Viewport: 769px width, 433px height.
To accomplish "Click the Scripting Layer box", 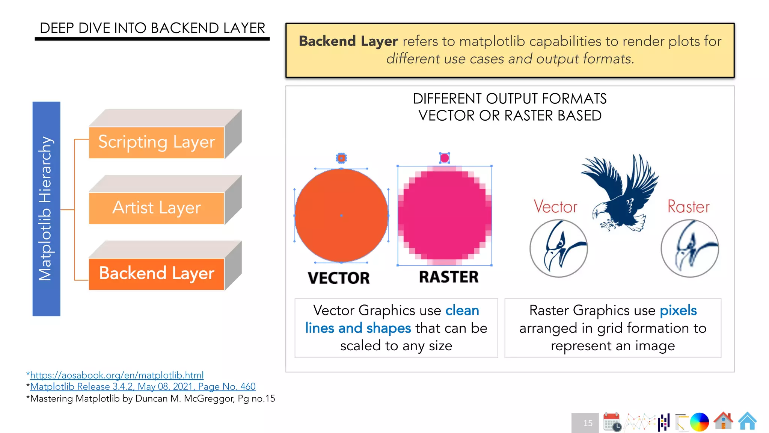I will pyautogui.click(x=157, y=142).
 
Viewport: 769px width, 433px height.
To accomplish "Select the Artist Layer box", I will pyautogui.click(x=157, y=208).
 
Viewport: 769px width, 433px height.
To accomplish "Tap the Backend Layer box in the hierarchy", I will pyautogui.click(x=157, y=274).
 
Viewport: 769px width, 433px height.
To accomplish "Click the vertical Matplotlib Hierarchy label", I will pyautogui.click(x=46, y=209).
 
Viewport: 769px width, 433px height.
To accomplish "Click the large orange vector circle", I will pyautogui.click(x=341, y=215).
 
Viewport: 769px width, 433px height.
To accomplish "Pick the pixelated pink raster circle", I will pyautogui.click(x=445, y=215).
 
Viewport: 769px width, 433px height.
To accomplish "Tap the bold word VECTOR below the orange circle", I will pyautogui.click(x=339, y=278).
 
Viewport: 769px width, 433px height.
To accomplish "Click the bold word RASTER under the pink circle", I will pyautogui.click(x=449, y=277).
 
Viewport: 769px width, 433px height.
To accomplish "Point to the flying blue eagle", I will pyautogui.click(x=620, y=192).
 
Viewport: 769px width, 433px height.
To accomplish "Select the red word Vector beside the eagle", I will pyautogui.click(x=555, y=207).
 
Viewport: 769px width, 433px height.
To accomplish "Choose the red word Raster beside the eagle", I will pyautogui.click(x=688, y=207).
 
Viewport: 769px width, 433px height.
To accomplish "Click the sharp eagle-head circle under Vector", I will pyautogui.click(x=559, y=248).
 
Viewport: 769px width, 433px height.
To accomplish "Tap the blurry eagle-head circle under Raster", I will pyautogui.click(x=690, y=248).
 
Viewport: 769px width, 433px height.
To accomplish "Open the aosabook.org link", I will pyautogui.click(x=117, y=375).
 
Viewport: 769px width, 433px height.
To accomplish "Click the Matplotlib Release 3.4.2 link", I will pyautogui.click(x=143, y=386).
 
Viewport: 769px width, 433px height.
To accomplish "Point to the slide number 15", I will pyautogui.click(x=588, y=423).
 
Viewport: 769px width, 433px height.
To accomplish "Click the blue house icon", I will pyautogui.click(x=747, y=421).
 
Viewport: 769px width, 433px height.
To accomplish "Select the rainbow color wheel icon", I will pyautogui.click(x=699, y=422).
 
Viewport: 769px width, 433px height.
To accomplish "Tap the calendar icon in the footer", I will pyautogui.click(x=612, y=421).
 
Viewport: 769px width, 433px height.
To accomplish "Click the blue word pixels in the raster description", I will pyautogui.click(x=678, y=310).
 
